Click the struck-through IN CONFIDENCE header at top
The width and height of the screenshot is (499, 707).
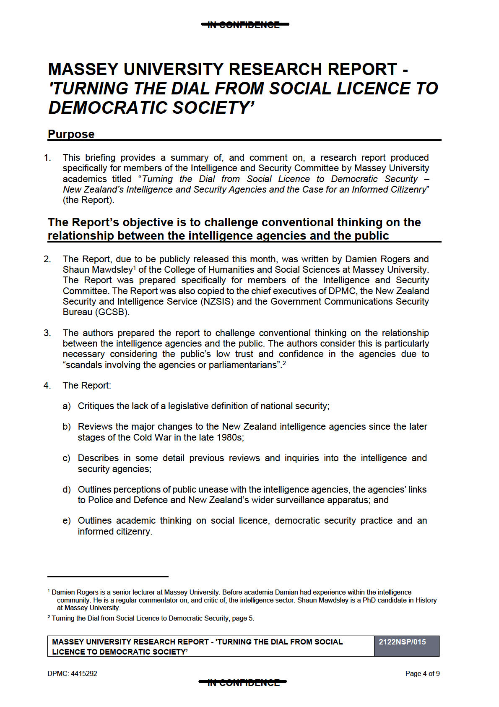(245, 25)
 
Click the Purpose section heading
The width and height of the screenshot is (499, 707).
(71, 134)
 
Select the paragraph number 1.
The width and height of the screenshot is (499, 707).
(47, 158)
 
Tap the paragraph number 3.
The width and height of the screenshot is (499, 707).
(47, 333)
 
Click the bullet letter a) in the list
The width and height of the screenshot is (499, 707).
(67, 406)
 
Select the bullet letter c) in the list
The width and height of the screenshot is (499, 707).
(67, 458)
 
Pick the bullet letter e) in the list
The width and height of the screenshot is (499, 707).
(67, 521)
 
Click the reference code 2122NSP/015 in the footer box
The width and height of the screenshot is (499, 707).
(402, 642)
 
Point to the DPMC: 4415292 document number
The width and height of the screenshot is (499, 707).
(72, 674)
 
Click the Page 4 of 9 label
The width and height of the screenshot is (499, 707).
(422, 674)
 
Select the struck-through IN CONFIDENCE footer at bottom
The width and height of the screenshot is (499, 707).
(243, 683)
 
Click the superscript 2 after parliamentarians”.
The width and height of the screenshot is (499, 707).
(284, 363)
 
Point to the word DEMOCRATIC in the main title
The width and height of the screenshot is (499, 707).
(108, 108)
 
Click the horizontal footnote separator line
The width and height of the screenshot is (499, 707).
(108, 577)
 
